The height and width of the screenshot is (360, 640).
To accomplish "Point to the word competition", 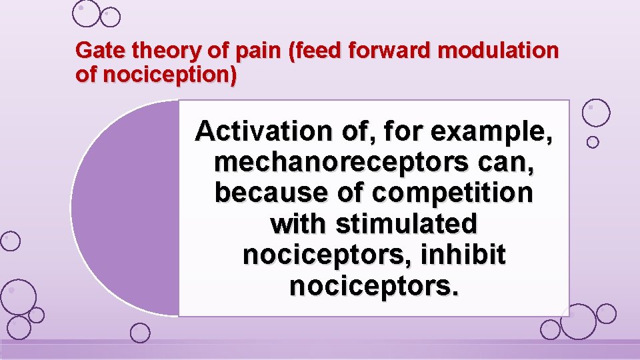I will [x=453, y=193].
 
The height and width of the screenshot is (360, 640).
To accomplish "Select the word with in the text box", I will [x=299, y=223].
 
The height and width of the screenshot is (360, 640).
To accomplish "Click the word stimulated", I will [x=407, y=223].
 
